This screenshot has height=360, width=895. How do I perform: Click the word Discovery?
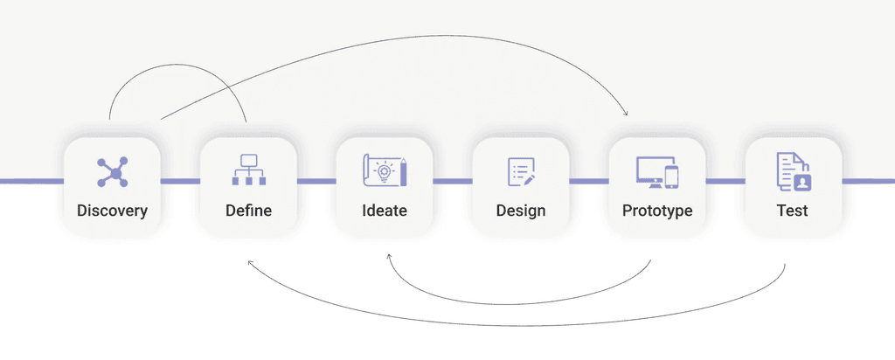(112, 211)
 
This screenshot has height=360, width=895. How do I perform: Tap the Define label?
(248, 211)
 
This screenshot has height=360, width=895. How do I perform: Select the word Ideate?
(385, 211)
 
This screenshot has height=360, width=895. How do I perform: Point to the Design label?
(521, 211)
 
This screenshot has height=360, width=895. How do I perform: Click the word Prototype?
(657, 211)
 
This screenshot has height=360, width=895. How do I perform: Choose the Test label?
(793, 211)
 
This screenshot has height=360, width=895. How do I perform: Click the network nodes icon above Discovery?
(112, 171)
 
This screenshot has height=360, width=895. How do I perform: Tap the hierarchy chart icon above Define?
(248, 170)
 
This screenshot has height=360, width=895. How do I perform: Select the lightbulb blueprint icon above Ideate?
(385, 170)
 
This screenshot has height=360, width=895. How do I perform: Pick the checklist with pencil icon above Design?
(521, 170)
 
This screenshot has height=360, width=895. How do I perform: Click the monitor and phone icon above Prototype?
(657, 171)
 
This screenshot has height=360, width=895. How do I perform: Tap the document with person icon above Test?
(793, 170)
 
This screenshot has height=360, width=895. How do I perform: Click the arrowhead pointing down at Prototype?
(627, 114)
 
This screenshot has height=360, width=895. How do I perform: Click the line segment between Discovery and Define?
(180, 182)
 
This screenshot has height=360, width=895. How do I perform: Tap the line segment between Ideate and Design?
(453, 182)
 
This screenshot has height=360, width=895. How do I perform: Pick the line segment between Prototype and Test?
(725, 182)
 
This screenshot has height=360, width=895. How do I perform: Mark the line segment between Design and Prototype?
(589, 182)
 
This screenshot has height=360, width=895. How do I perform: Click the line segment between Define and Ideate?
(316, 182)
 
